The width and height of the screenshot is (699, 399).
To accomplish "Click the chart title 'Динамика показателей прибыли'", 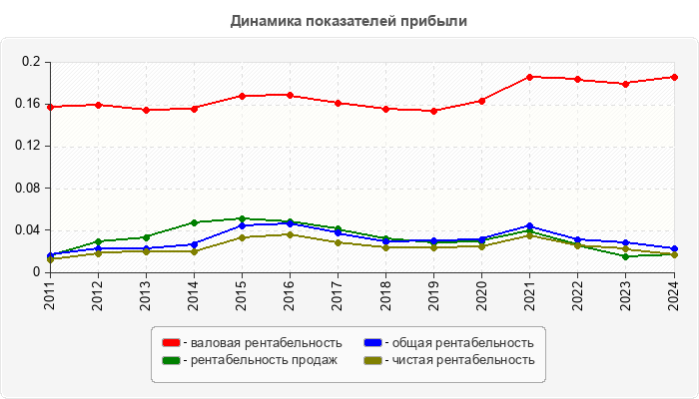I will pyautogui.click(x=349, y=20).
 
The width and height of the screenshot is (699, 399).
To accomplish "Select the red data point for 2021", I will pyautogui.click(x=530, y=77).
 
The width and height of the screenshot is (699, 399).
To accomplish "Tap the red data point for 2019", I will pyautogui.click(x=433, y=111).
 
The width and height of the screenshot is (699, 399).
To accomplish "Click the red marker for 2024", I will pyautogui.click(x=674, y=77).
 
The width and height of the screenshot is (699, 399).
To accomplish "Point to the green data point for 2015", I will pyautogui.click(x=242, y=218).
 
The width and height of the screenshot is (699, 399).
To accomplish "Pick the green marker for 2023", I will pyautogui.click(x=626, y=256).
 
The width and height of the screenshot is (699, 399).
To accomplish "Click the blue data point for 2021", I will pyautogui.click(x=530, y=226).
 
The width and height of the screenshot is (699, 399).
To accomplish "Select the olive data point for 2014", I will pyautogui.click(x=194, y=251).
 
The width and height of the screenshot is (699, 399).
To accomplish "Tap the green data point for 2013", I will pyautogui.click(x=146, y=237).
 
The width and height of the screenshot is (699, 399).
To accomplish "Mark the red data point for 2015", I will pyautogui.click(x=242, y=96).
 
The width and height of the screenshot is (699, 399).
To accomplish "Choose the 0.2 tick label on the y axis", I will pyautogui.click(x=34, y=62).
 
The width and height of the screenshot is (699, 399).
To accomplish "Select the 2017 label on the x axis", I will pyautogui.click(x=338, y=295).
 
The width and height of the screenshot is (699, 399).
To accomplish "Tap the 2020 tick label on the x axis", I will pyautogui.click(x=481, y=295).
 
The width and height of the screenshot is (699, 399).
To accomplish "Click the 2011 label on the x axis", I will pyautogui.click(x=50, y=295).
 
